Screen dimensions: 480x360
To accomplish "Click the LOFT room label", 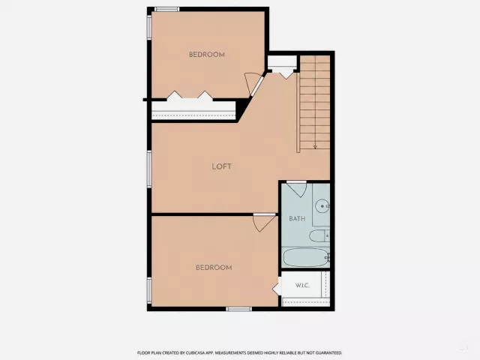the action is [222, 166].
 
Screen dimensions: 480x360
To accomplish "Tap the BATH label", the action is [297, 218].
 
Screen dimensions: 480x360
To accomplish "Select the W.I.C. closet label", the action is [302, 286].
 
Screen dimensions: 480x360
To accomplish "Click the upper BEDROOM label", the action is [207, 55].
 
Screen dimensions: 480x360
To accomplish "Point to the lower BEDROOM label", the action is [214, 268].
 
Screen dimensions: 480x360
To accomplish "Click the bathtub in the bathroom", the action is [305, 257].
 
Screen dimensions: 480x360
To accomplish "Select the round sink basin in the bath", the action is [322, 205].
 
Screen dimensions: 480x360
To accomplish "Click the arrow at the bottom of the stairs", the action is [315, 147].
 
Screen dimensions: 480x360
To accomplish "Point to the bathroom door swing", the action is [297, 188].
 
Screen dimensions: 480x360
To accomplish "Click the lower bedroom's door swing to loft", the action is [264, 222].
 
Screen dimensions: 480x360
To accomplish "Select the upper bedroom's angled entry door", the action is [254, 83].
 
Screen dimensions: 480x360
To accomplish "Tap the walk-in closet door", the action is [277, 286].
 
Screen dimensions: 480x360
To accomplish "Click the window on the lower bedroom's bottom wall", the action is [238, 309].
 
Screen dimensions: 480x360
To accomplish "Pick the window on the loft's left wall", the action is [149, 169].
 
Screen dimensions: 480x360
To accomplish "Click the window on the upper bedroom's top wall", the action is [166, 9].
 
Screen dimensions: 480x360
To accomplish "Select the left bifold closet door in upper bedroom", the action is [175, 95].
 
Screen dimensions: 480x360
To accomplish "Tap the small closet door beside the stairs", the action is [286, 74].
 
